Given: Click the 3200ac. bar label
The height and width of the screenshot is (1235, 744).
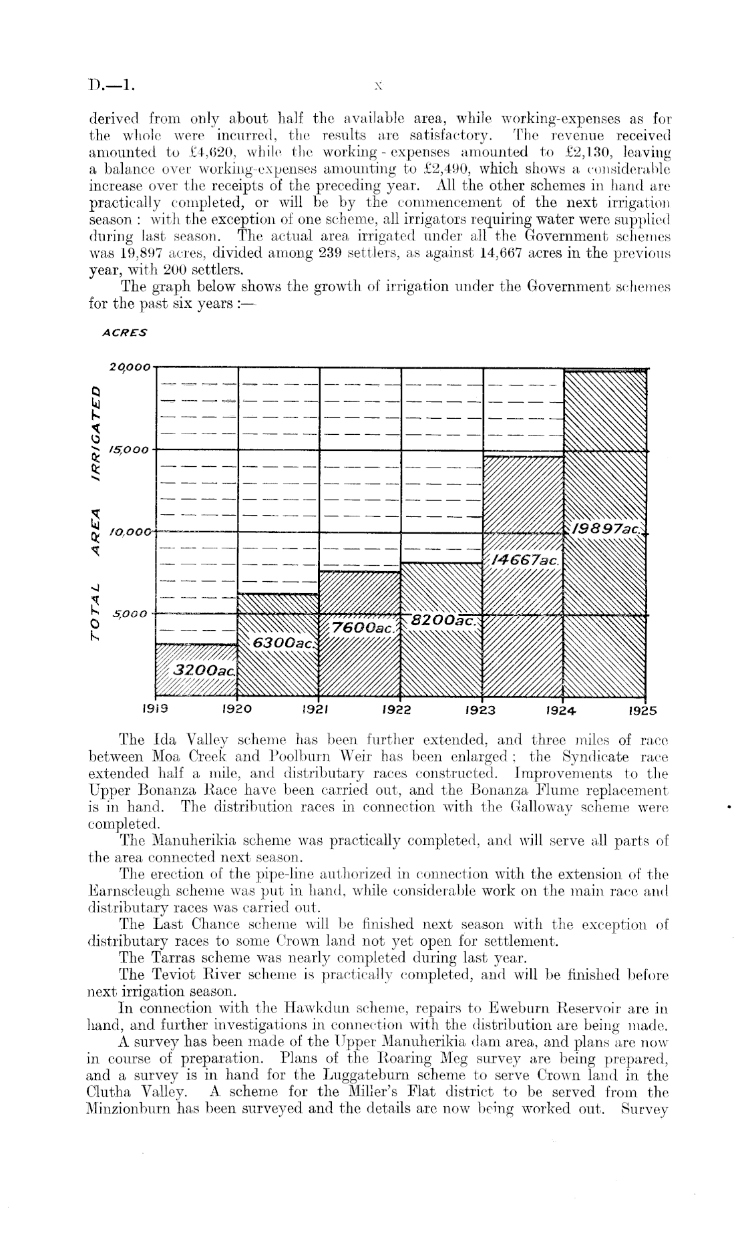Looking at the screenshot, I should point(204,670).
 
